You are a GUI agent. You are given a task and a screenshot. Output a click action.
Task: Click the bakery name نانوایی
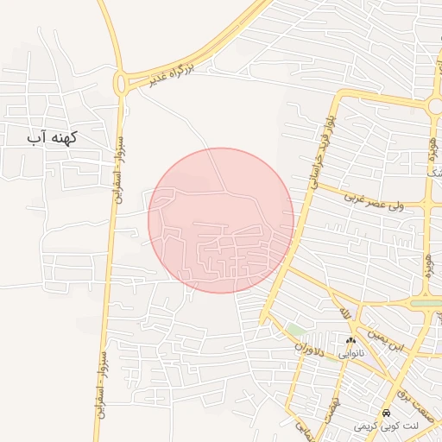[x=361, y=354]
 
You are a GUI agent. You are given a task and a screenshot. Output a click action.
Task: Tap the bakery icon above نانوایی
[x=361, y=343]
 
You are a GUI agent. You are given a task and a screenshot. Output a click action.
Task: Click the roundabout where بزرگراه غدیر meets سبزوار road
[x=122, y=83]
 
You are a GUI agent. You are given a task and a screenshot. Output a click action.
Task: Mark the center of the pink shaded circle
[x=221, y=220]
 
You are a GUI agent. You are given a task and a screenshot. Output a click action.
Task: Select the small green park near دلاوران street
[x=297, y=329]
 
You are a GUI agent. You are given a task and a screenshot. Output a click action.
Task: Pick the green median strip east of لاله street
[x=425, y=303]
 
